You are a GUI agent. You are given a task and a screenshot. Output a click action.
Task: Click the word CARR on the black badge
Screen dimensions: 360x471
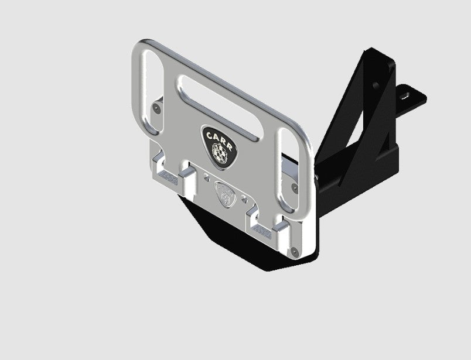[x=219, y=138]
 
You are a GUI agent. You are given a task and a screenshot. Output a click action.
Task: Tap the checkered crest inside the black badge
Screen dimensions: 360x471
[x=221, y=154]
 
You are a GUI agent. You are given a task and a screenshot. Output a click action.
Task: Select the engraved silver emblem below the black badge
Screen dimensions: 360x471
[x=223, y=193]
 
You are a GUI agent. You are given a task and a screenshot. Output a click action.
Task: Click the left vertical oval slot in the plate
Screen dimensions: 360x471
[x=148, y=81]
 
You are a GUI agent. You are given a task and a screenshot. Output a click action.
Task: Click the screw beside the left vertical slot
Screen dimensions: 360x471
[x=155, y=109]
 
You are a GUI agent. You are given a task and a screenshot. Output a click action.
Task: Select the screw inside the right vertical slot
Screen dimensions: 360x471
[x=293, y=188]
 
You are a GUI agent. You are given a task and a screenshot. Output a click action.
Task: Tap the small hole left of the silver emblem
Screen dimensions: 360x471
[x=206, y=176]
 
